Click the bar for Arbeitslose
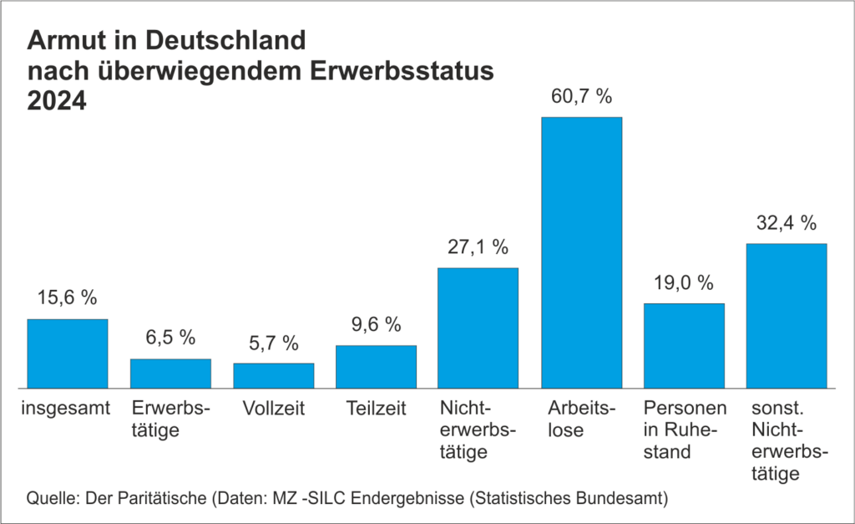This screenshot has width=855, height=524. click(x=582, y=252)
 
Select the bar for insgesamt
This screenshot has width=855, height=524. click(x=68, y=354)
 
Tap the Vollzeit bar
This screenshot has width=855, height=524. click(x=273, y=375)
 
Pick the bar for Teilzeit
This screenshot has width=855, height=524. click(x=376, y=367)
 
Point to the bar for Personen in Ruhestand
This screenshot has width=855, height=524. click(x=684, y=345)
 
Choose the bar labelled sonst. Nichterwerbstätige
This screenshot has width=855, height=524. click(x=787, y=316)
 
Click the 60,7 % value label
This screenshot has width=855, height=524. click(x=582, y=96)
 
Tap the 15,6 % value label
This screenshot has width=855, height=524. click(x=68, y=298)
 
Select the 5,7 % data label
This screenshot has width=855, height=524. click(x=273, y=343)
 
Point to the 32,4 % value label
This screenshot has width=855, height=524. click(x=787, y=223)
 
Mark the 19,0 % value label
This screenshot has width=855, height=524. click(x=684, y=282)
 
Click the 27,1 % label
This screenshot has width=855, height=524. click(x=478, y=247)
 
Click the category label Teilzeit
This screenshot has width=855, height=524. click(x=376, y=410)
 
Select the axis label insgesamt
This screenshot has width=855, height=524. click(x=68, y=410)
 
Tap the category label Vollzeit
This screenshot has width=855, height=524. click(x=273, y=410)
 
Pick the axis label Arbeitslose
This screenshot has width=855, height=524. click(x=582, y=420)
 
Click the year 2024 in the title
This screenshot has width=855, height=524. click(x=58, y=101)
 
